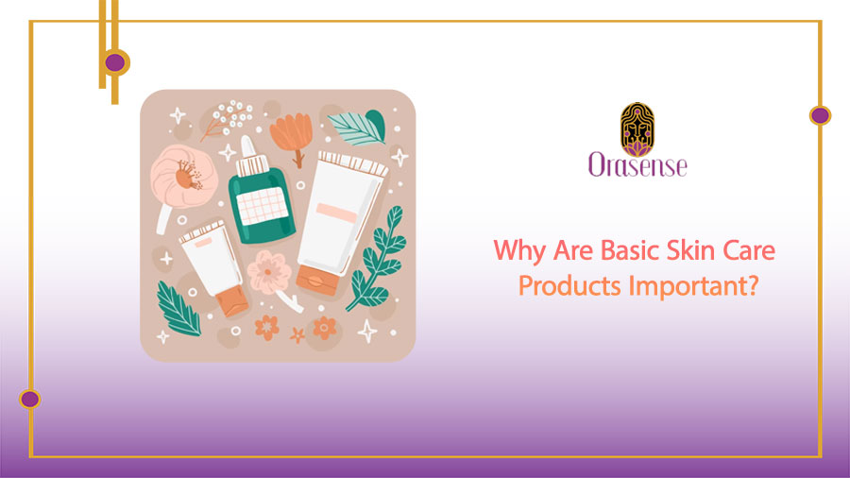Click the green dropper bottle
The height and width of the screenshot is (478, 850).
click(x=256, y=204)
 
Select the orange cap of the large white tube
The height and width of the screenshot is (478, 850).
click(x=314, y=278)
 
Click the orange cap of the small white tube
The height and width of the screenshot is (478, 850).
click(x=231, y=300)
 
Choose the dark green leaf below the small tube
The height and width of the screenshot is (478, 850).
click(x=178, y=308)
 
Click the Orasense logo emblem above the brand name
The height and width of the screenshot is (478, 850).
click(x=637, y=128)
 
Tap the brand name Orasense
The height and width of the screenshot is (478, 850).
click(x=637, y=166)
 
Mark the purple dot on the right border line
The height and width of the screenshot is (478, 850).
click(x=820, y=115)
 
